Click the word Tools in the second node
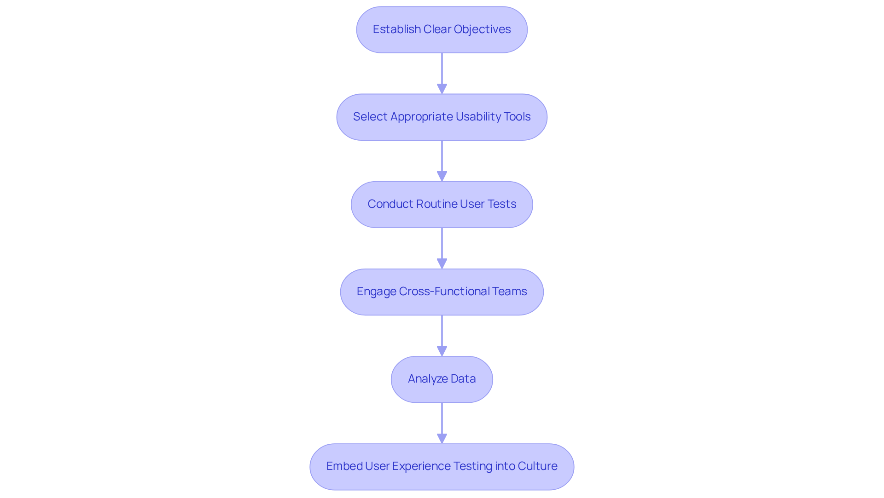pos(517,117)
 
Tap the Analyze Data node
pos(442,379)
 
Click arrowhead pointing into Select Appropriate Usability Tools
pos(442,89)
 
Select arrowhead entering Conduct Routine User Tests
pos(442,176)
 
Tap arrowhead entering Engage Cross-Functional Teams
pos(442,263)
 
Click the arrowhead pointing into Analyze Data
pos(442,351)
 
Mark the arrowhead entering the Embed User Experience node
pos(442,438)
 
